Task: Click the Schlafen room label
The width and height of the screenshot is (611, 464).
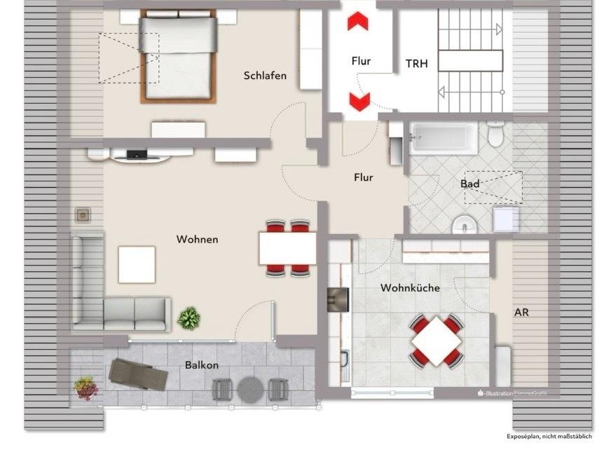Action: [265, 76]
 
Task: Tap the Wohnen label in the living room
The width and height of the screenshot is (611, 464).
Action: [197, 240]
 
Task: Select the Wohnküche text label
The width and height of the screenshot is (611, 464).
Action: [410, 288]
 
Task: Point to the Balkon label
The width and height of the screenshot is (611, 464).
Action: [202, 365]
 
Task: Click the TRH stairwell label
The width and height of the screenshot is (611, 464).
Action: [416, 63]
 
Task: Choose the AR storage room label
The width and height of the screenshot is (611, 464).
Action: [521, 313]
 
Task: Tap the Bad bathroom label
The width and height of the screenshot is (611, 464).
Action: [469, 184]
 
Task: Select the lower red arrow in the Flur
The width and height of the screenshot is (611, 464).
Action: [359, 102]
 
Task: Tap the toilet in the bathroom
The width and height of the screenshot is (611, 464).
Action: [496, 133]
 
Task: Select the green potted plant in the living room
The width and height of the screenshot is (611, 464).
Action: [188, 319]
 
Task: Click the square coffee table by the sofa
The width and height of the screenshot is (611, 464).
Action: [137, 264]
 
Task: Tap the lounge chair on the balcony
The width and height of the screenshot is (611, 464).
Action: [139, 374]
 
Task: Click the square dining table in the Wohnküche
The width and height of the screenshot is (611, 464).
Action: [436, 340]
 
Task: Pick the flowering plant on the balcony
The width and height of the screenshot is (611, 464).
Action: [85, 387]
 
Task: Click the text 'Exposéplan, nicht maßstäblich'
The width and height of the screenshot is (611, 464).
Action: [549, 436]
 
